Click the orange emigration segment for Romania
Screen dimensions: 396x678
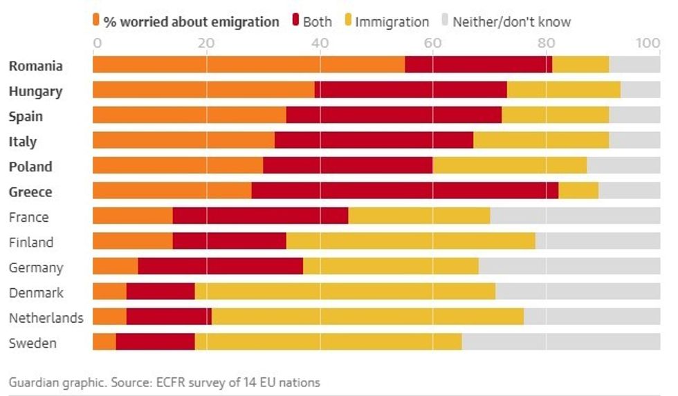pos(248,66)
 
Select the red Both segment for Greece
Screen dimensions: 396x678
pos(405,191)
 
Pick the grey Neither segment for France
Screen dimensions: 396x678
pos(575,217)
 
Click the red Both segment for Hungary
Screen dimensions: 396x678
pos(411,91)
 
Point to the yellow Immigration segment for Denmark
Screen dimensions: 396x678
pos(345,292)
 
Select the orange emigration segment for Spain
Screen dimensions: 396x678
pos(189,116)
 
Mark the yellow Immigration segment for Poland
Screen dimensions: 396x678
pos(509,167)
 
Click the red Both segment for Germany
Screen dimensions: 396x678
pos(220,267)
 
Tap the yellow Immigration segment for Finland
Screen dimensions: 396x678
pos(411,242)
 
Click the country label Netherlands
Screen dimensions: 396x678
pos(46,318)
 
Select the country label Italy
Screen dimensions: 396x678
pos(23,142)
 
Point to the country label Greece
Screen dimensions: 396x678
pos(30,192)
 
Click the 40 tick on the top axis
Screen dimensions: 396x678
pos(319,44)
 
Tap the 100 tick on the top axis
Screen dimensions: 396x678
pos(648,44)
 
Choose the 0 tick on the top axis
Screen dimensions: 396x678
pos(97,44)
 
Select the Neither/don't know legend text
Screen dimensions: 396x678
pos(512,22)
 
